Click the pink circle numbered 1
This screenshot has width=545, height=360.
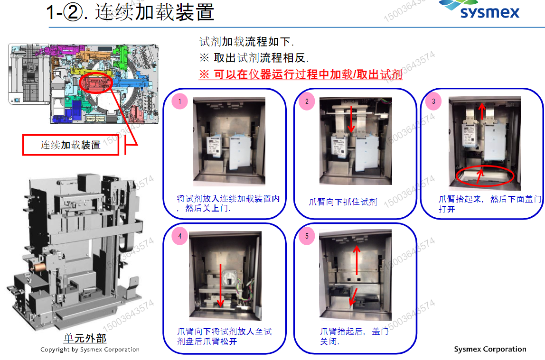179,102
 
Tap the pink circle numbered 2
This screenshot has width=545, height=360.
307,102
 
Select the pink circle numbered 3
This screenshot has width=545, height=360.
433,102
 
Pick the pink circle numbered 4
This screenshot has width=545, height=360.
179,236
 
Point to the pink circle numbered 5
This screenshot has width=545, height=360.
307,236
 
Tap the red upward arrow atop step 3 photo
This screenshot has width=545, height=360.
482,111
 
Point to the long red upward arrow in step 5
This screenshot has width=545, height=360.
357,261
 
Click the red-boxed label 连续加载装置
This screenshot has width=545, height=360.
70,145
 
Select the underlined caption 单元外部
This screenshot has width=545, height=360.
85,338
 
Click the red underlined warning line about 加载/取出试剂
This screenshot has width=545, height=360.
300,74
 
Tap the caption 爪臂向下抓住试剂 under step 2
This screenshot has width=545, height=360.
343,202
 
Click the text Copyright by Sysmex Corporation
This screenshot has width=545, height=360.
90,350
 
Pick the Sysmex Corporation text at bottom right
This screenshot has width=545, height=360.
490,349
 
